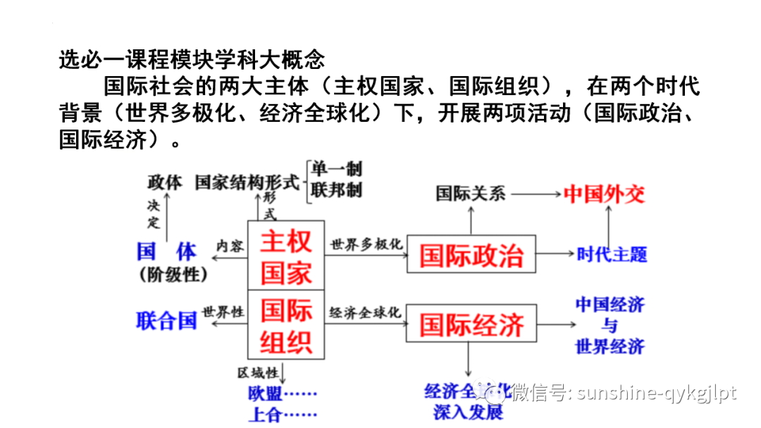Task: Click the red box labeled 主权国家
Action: tap(285, 255)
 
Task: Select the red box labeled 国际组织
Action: tap(285, 325)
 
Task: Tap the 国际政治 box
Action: tap(471, 254)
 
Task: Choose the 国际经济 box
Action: tap(471, 325)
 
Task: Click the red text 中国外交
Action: tap(604, 194)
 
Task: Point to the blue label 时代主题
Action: tap(611, 254)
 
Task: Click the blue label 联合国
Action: tap(166, 322)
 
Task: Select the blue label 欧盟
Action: tap(264, 392)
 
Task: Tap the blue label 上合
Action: tap(264, 413)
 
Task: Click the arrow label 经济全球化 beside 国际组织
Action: tap(365, 312)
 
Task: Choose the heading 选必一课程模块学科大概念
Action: tap(191, 58)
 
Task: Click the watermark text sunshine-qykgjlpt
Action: tap(656, 392)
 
